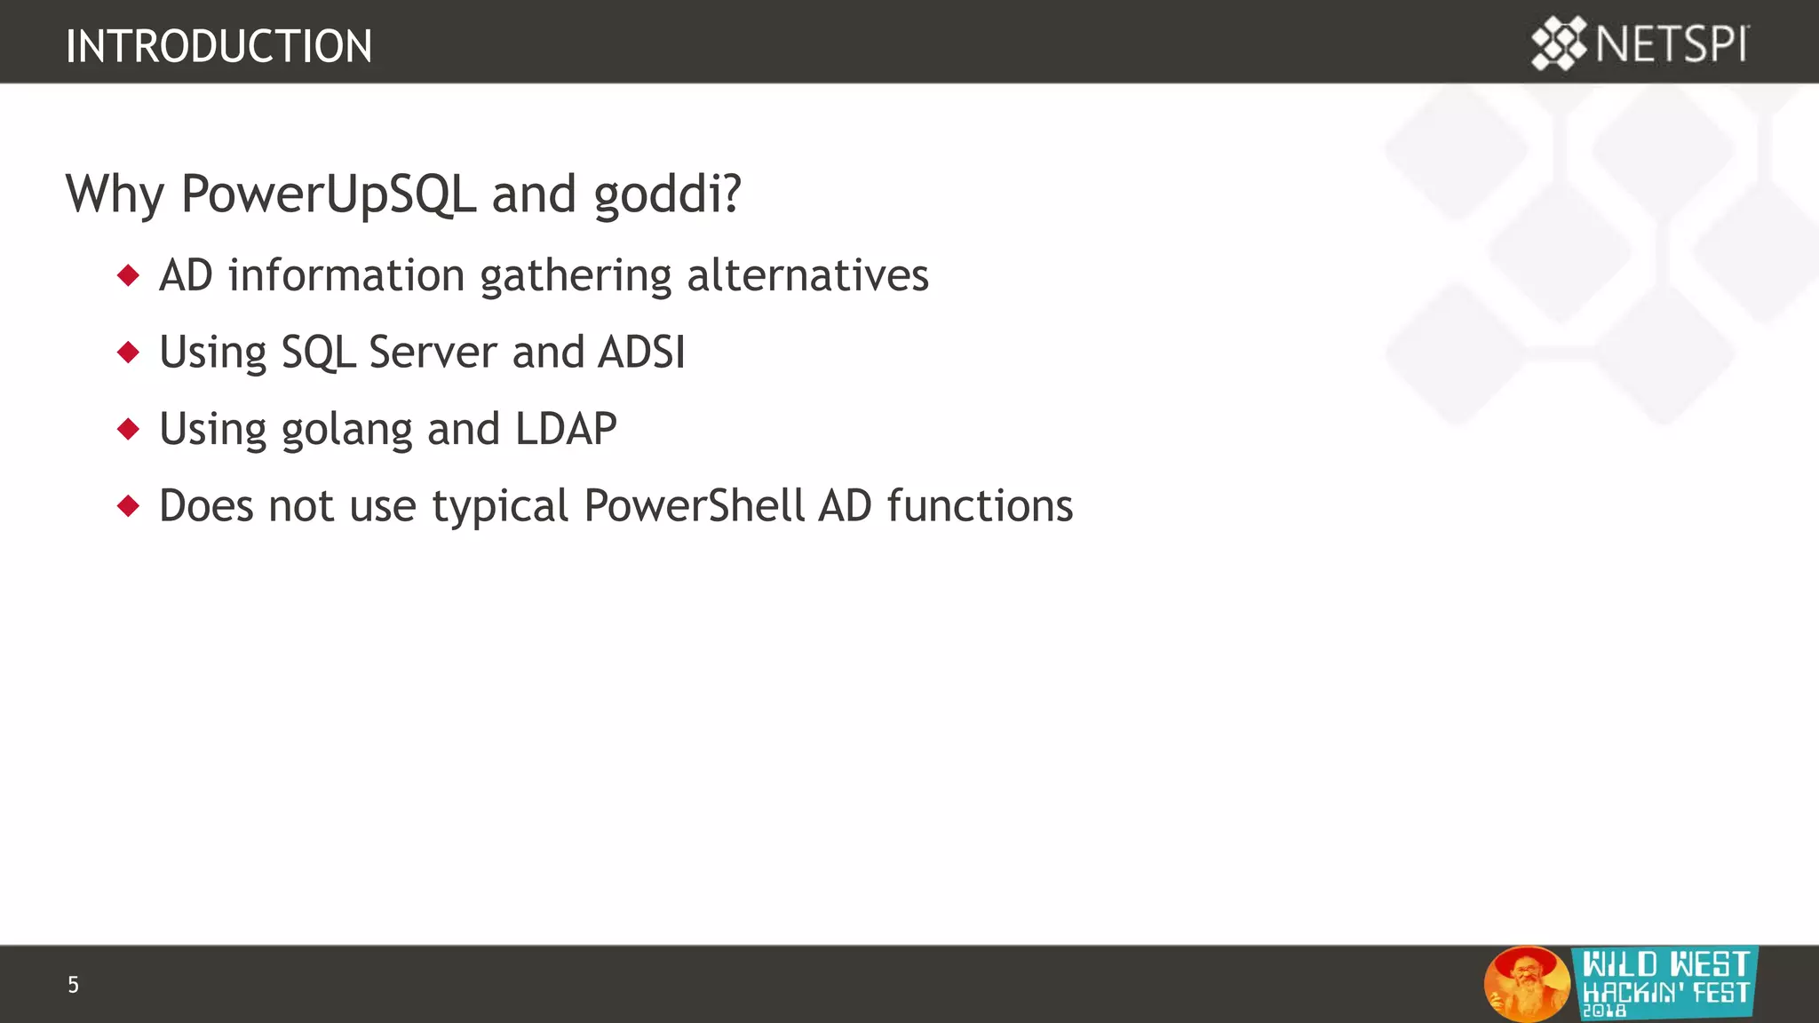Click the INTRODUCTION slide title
click(218, 46)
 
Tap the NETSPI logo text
click(1672, 44)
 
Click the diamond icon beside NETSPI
click(1558, 44)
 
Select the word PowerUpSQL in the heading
click(328, 194)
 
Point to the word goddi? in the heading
click(667, 194)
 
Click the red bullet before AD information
click(129, 275)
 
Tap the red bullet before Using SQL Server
click(129, 353)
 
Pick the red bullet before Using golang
click(129, 430)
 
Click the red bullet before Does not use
click(129, 506)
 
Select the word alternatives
click(807, 275)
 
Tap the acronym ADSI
click(641, 352)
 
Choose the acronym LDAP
click(566, 429)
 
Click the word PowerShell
click(694, 506)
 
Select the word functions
click(980, 506)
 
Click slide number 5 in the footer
click(73, 985)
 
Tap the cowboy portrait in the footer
click(1526, 983)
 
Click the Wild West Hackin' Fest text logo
click(1665, 981)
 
